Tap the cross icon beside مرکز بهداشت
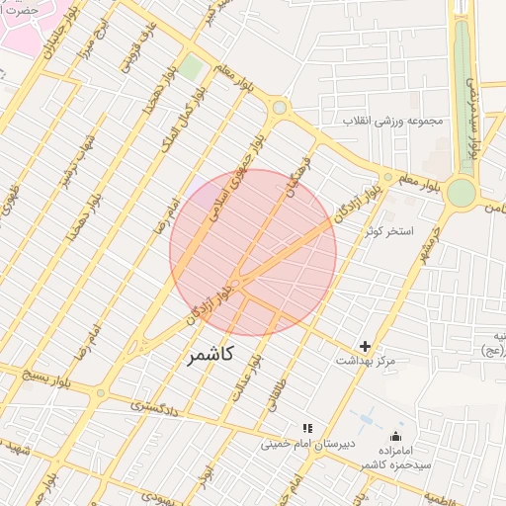click(366, 346)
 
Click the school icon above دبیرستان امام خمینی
click(306, 429)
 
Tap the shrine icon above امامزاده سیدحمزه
click(397, 436)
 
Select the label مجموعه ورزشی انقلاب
click(395, 121)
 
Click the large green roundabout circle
click(461, 193)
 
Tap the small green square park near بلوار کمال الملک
click(191, 68)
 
